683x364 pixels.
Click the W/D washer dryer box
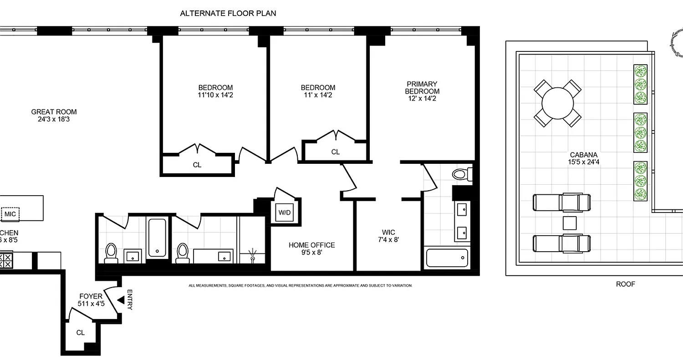pos(285,212)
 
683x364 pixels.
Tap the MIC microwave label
pos(10,213)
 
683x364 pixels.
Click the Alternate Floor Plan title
pos(228,13)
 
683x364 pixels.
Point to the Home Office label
pos(311,245)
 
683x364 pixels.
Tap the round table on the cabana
pos(557,103)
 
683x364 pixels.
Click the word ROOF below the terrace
pos(625,284)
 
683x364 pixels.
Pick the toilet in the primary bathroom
pos(460,174)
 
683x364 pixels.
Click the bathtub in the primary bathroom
pos(446,258)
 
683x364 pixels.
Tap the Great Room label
pos(54,111)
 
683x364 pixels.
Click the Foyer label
pos(91,296)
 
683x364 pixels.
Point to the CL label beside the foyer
pos(81,333)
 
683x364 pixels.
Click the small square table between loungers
pos(569,223)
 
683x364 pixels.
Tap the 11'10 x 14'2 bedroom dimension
pos(215,95)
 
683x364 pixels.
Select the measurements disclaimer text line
pos(301,286)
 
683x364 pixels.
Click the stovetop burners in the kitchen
pos(7,260)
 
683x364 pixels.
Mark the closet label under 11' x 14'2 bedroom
pos(336,152)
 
